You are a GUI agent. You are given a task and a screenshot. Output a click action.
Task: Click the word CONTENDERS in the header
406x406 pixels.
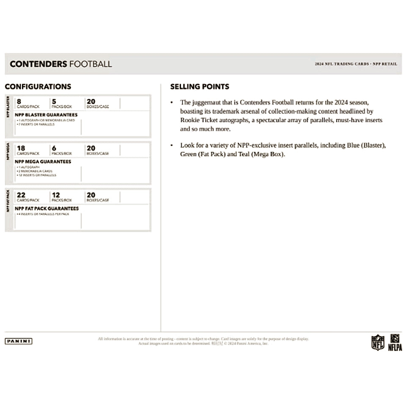click(x=38, y=64)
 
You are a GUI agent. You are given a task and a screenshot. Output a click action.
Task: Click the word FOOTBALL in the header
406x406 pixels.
click(x=91, y=64)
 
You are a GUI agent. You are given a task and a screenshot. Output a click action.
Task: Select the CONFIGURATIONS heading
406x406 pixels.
click(x=38, y=87)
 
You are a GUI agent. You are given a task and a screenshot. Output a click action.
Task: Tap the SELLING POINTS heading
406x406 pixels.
click(x=200, y=87)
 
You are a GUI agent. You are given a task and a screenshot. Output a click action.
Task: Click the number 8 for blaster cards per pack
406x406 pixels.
click(x=19, y=101)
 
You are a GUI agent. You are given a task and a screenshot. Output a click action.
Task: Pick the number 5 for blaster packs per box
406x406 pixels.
click(x=54, y=101)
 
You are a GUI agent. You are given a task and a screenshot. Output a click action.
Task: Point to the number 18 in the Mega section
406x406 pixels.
click(x=21, y=148)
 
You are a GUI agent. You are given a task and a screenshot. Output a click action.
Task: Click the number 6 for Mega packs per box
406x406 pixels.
click(x=54, y=148)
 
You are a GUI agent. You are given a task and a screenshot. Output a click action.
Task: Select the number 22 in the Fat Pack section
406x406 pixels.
click(x=21, y=195)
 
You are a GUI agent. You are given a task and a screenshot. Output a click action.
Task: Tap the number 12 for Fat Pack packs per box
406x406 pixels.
click(x=56, y=195)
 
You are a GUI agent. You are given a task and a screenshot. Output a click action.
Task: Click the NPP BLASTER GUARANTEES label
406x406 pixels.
click(x=46, y=115)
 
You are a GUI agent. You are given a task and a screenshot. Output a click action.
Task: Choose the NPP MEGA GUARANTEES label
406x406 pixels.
click(x=43, y=162)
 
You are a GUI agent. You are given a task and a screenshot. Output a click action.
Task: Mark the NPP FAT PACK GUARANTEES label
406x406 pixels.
click(x=47, y=208)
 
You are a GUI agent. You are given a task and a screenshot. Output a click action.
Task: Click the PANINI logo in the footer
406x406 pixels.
click(x=19, y=341)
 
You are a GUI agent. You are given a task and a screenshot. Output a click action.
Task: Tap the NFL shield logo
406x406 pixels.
click(x=378, y=342)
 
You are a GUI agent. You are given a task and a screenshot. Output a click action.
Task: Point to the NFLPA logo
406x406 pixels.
click(x=395, y=342)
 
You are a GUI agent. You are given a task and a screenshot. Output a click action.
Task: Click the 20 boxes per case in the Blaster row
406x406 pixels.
click(x=91, y=101)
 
